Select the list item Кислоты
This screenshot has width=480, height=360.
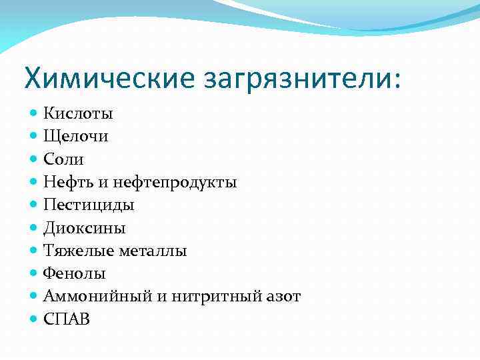[78, 114]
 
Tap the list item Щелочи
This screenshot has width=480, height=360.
[76, 137]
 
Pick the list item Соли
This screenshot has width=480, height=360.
[64, 159]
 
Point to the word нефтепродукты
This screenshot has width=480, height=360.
[175, 183]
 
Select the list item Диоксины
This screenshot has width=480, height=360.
[85, 228]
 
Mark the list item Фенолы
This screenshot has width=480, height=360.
[75, 274]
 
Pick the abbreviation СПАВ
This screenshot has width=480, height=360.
[66, 319]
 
